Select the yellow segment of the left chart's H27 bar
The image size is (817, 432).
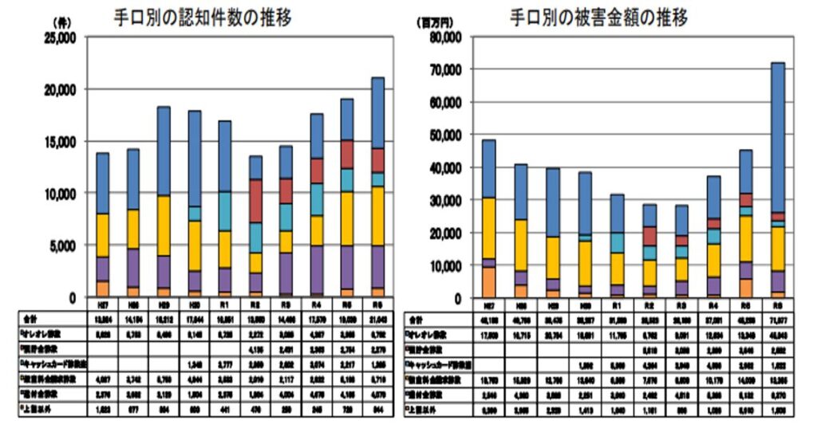[x=103, y=235]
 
